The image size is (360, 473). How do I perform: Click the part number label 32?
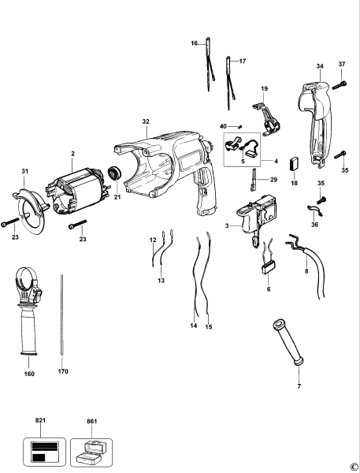click(145, 122)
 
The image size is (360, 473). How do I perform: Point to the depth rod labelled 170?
click(62, 315)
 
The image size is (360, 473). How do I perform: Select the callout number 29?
click(274, 181)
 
